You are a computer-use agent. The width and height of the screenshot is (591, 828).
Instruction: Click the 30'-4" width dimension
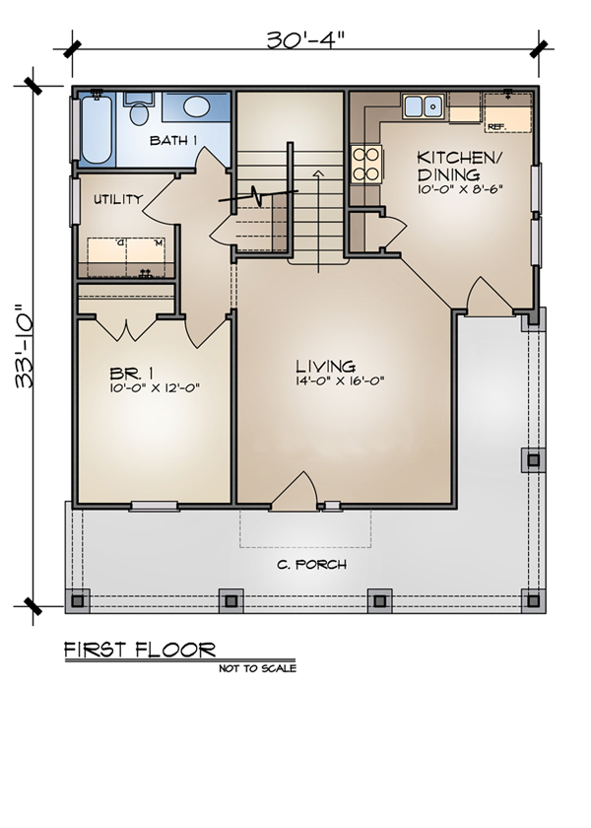tap(305, 40)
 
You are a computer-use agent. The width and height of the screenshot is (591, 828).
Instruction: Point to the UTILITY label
tap(118, 199)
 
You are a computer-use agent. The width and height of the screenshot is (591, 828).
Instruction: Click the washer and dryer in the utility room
tap(125, 256)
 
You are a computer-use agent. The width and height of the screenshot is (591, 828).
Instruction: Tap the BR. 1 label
tap(127, 374)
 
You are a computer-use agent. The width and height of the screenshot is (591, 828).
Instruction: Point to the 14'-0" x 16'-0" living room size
tap(338, 380)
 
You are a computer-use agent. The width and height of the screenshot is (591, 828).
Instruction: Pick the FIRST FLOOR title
tap(139, 650)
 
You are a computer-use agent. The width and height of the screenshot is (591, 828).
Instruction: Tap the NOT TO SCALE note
tap(257, 668)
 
